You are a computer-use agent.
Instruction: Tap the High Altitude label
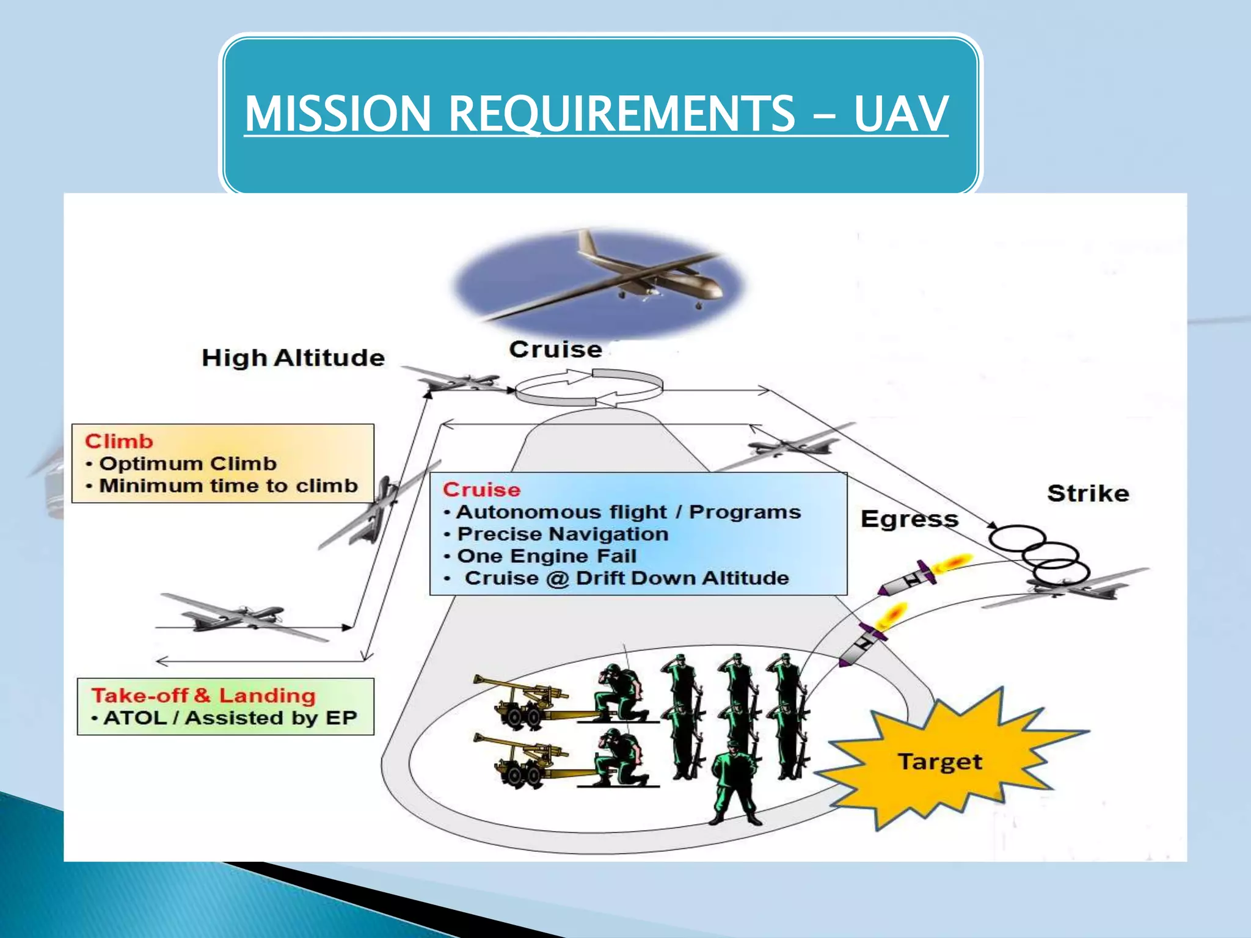tap(293, 358)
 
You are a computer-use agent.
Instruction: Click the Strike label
tap(1088, 493)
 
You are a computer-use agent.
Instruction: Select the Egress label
tap(909, 519)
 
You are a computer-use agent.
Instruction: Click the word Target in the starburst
tap(939, 762)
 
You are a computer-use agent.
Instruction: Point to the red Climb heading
tap(119, 441)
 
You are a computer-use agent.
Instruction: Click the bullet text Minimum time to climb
tap(228, 485)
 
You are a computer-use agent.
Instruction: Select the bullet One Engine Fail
tap(547, 556)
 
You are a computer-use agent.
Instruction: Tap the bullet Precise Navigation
tap(563, 534)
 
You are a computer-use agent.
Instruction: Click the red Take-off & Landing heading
tap(203, 695)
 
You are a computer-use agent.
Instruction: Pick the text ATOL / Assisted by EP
tap(230, 718)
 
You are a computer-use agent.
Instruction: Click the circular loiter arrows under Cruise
tap(588, 387)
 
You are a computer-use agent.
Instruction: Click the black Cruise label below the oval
tap(555, 349)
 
